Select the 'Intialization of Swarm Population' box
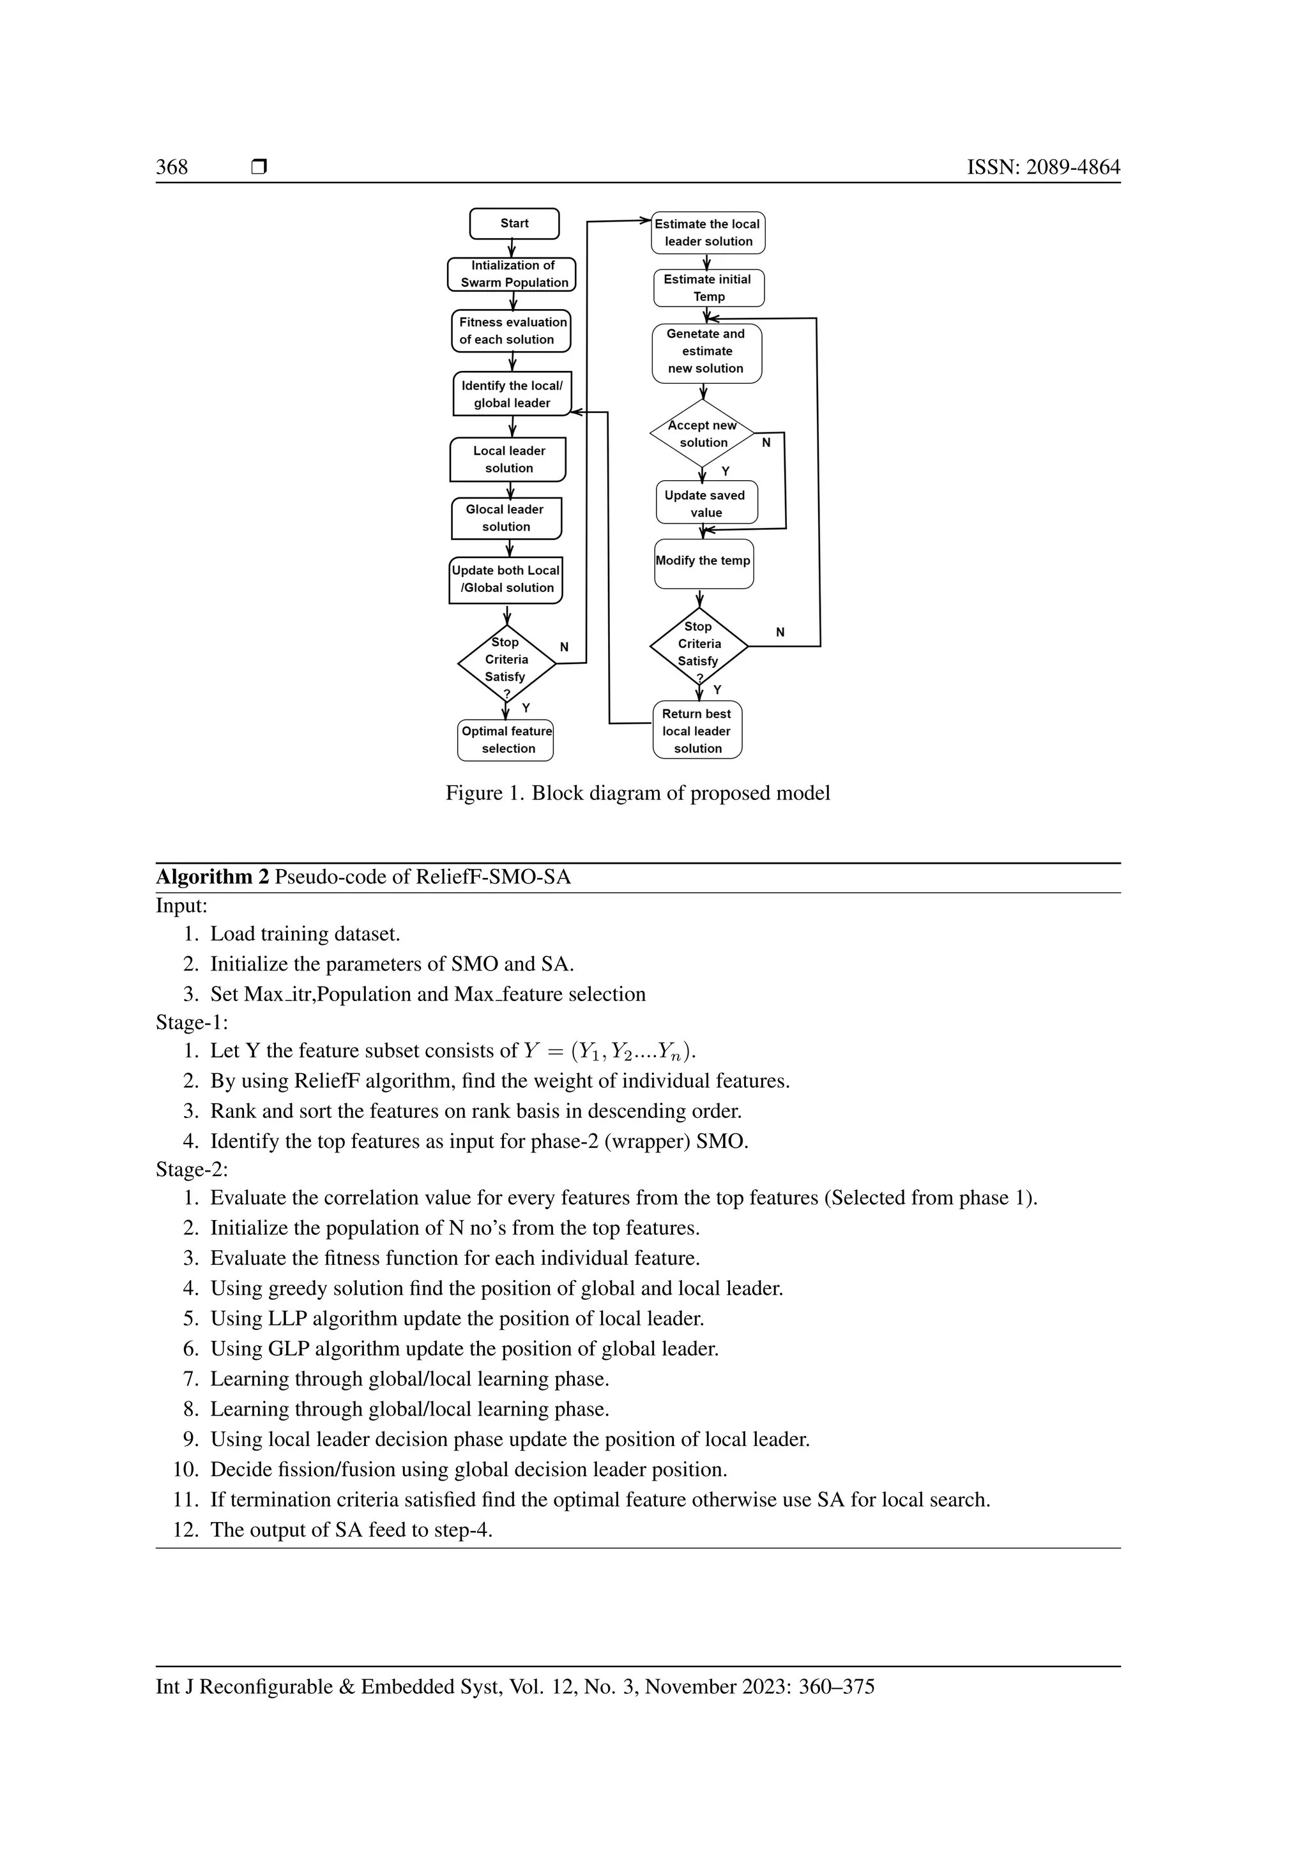point(512,275)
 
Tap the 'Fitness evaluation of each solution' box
point(512,331)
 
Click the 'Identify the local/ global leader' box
point(512,395)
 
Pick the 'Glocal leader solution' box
point(506,518)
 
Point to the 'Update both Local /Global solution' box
point(506,580)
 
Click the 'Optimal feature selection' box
point(506,740)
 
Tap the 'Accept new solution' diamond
point(703,434)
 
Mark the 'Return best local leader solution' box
point(697,730)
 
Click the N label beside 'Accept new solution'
point(766,443)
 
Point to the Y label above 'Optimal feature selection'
point(526,708)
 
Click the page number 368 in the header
point(172,167)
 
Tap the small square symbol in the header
point(259,167)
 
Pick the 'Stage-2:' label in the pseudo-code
point(192,1169)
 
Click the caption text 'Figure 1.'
point(485,793)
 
